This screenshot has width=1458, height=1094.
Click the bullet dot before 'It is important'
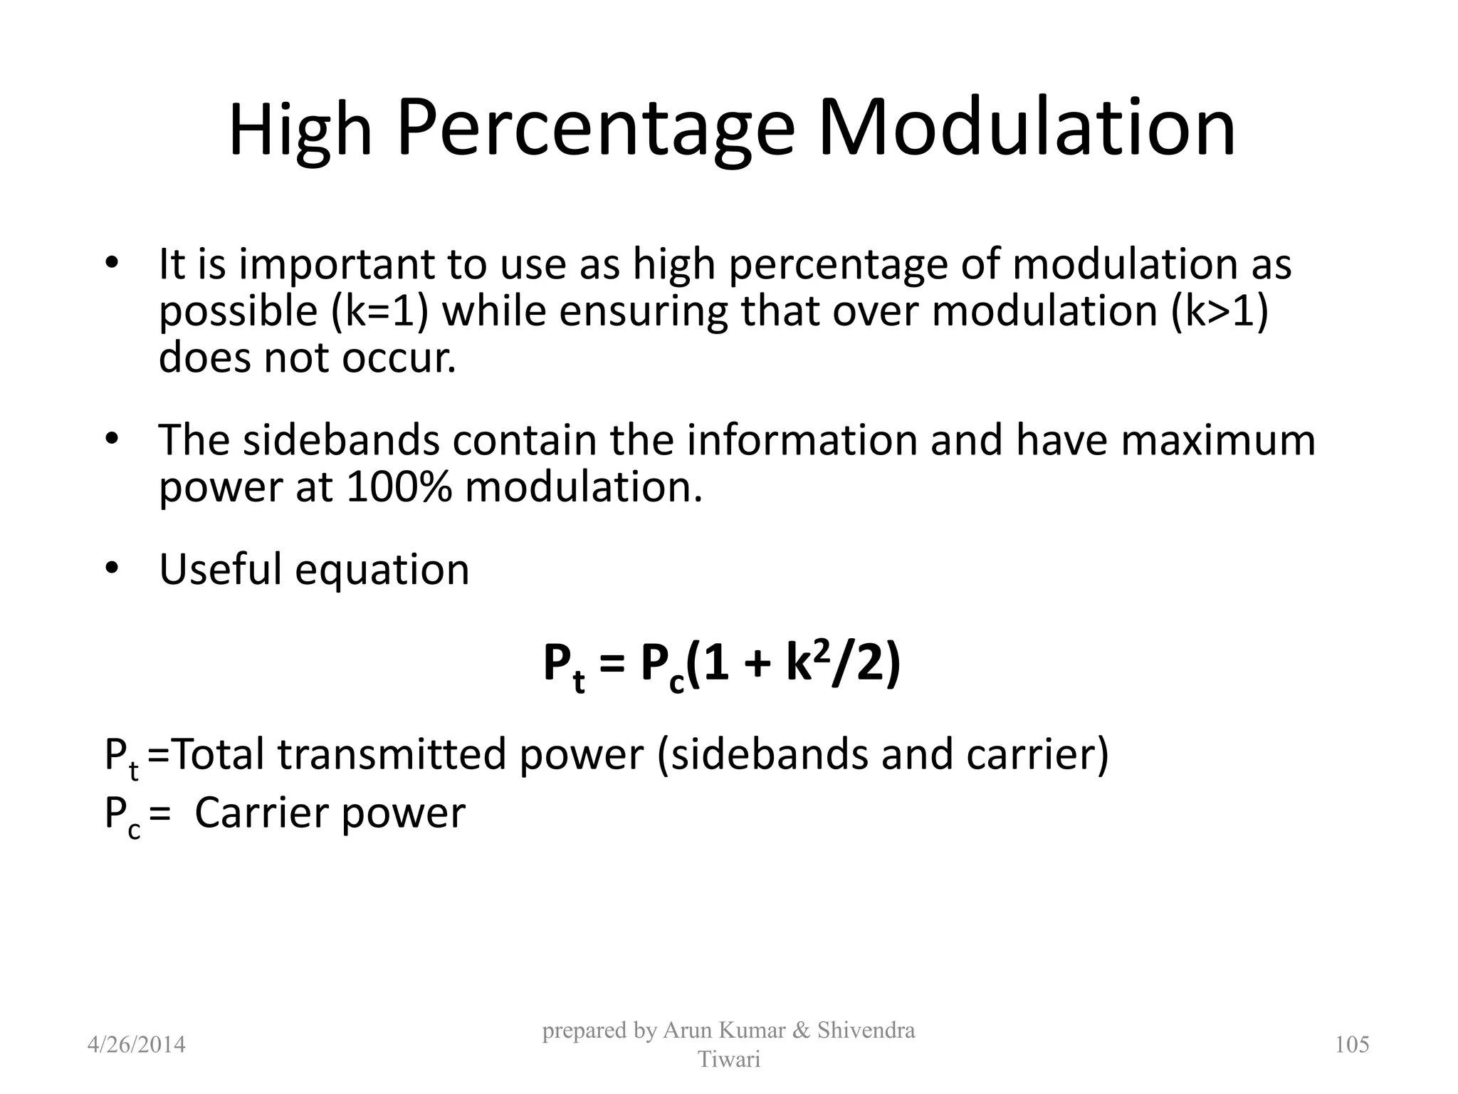click(111, 264)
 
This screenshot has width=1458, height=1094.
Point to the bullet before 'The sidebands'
click(111, 439)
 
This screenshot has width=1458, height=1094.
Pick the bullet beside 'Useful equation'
click(111, 568)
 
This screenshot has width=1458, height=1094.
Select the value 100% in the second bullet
click(399, 487)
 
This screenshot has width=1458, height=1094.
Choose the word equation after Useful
click(382, 570)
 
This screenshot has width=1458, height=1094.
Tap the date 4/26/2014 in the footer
click(136, 1045)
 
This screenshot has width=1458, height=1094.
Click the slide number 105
click(1352, 1045)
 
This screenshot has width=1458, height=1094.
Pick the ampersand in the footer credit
click(801, 1031)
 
